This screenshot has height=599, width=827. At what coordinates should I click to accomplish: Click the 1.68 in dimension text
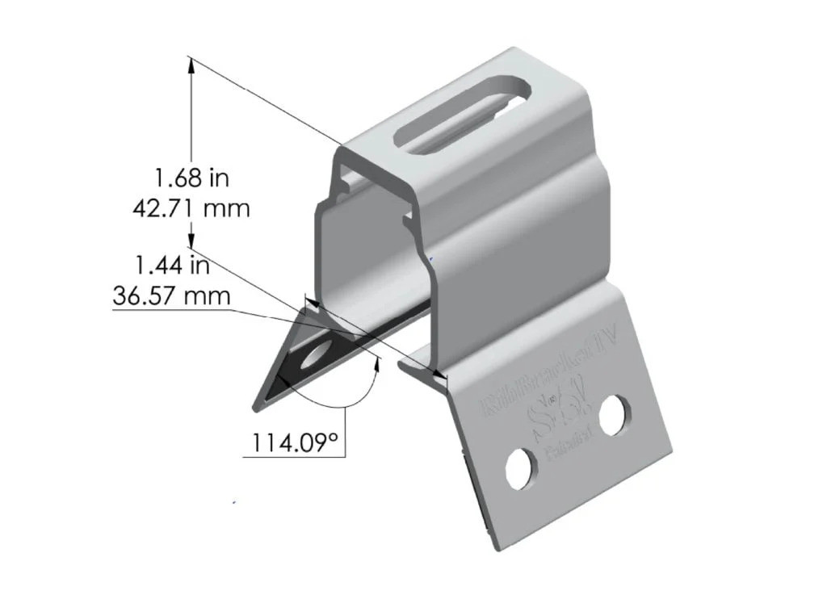pos(191,176)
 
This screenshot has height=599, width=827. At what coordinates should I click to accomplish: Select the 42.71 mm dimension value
pos(191,207)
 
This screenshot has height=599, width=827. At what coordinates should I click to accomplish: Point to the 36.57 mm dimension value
pos(171,295)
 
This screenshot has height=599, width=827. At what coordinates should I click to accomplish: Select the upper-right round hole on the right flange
pos(615,414)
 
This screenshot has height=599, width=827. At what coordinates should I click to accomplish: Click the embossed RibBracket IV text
pos(549,379)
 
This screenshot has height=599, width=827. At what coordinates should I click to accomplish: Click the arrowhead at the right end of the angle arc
pos(376,362)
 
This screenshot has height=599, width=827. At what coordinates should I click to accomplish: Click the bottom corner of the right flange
pos(494,549)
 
